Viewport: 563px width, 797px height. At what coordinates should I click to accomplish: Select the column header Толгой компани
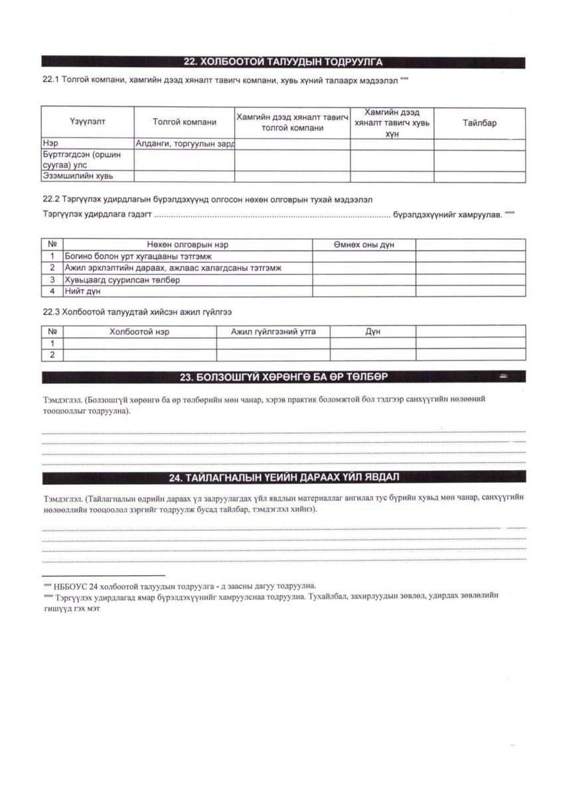pos(185,122)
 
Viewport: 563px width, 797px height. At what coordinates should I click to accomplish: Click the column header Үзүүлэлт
pos(88,122)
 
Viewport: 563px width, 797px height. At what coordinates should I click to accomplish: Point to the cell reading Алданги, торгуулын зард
pos(185,143)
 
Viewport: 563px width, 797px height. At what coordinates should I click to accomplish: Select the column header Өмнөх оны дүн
pos(364,245)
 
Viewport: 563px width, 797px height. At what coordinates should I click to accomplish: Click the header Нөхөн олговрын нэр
pos(187,245)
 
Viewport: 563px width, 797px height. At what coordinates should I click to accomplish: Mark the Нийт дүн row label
pos(82,291)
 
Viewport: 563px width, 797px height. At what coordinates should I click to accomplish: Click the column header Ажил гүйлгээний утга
pos(274,331)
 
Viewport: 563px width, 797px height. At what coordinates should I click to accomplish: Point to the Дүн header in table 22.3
pos(372,331)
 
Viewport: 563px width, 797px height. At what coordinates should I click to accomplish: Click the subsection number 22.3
pos(51,311)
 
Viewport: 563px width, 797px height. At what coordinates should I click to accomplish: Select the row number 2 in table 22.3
pos(52,355)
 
